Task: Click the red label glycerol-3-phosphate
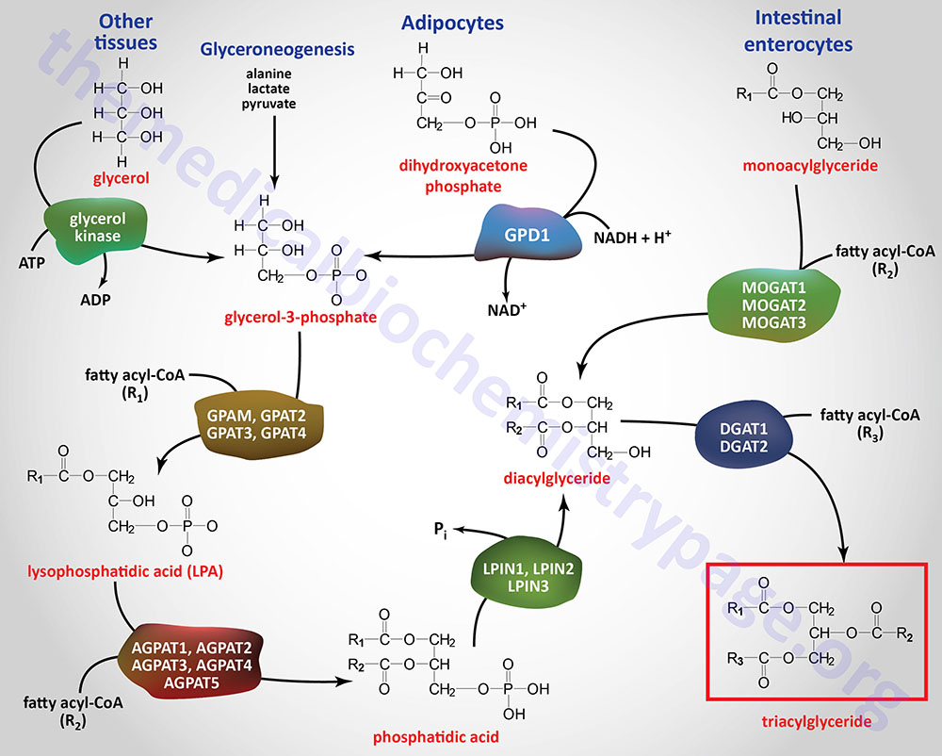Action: tap(300, 318)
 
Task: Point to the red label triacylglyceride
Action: tap(817, 722)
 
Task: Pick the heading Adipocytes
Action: tap(452, 22)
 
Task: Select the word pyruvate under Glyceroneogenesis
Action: tap(268, 104)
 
